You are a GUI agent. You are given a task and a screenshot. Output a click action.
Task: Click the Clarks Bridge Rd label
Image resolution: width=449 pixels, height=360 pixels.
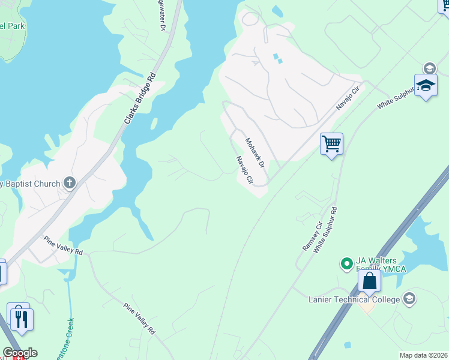140,98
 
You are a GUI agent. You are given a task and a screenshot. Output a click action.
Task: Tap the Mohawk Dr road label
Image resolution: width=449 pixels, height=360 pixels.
255,152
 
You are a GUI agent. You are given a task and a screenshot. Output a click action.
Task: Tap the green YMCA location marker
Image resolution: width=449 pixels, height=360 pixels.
346,263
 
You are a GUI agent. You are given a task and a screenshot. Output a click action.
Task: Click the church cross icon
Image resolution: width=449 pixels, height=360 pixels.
70,183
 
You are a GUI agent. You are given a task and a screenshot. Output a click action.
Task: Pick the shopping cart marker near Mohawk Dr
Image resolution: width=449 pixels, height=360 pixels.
331,144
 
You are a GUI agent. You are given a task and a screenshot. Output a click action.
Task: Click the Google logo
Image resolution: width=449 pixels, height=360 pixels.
20,353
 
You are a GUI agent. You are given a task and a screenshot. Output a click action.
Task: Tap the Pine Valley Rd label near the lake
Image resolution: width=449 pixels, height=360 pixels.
62,245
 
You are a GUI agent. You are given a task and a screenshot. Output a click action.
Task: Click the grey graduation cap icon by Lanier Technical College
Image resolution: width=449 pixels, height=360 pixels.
409,299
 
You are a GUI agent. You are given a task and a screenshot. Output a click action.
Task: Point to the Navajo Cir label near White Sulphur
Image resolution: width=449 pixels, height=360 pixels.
346,98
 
